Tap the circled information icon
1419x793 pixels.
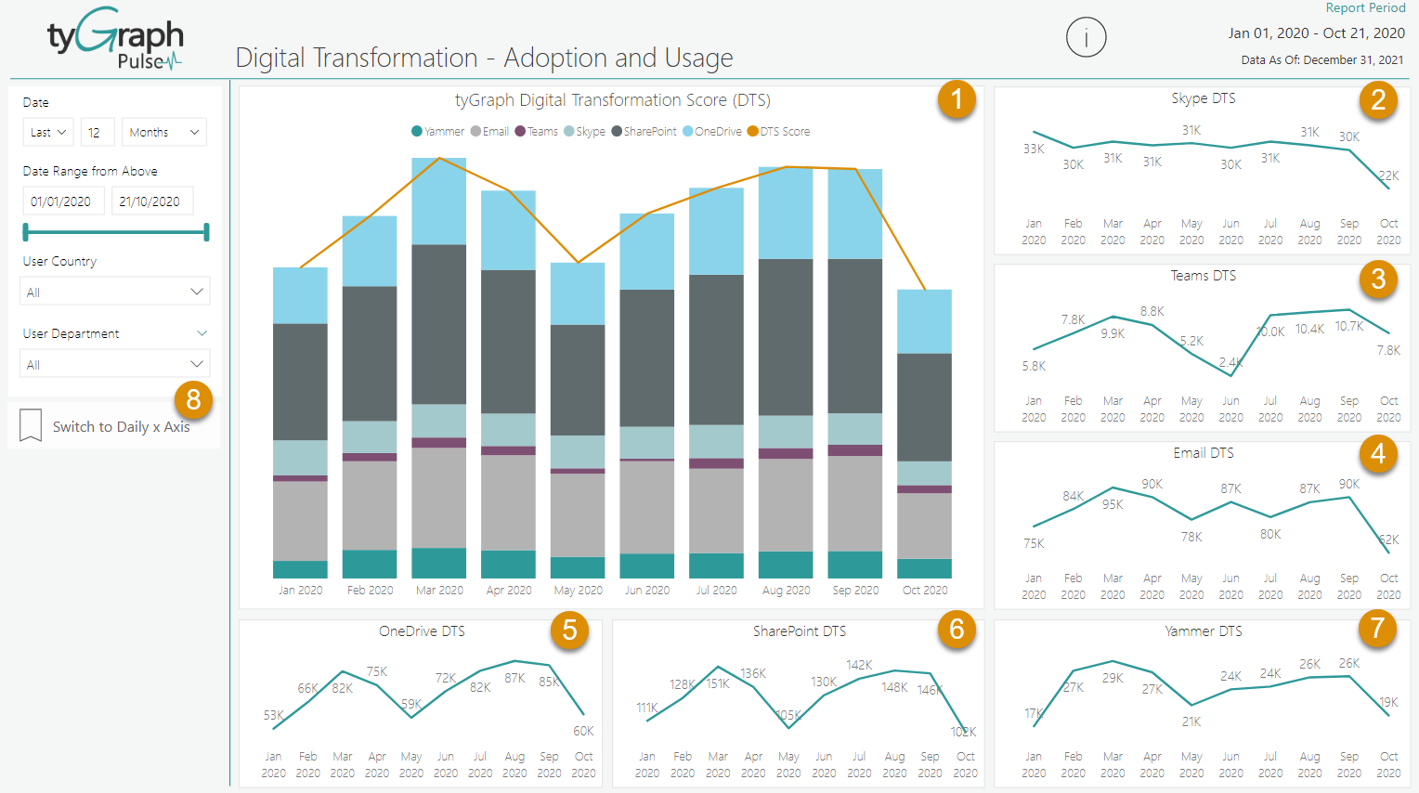(x=1086, y=38)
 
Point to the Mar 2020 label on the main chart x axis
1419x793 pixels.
(x=439, y=591)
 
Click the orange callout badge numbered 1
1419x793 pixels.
(x=956, y=99)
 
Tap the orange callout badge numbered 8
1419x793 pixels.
(x=193, y=400)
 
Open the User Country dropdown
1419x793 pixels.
(x=115, y=292)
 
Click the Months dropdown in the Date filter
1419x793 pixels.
(x=164, y=133)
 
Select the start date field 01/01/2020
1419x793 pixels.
(x=61, y=201)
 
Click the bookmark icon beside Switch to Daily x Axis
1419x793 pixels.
(x=31, y=426)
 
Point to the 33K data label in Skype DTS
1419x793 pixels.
(x=1034, y=149)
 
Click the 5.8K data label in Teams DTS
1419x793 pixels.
(x=1034, y=366)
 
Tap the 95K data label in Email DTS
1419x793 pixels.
(x=1113, y=504)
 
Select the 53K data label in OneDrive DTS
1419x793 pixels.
(x=273, y=715)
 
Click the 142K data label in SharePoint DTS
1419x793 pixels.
(x=859, y=665)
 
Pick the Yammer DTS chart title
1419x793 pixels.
(x=1203, y=631)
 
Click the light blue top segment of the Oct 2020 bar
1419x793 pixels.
(x=924, y=321)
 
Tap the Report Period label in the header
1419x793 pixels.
(x=1365, y=8)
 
